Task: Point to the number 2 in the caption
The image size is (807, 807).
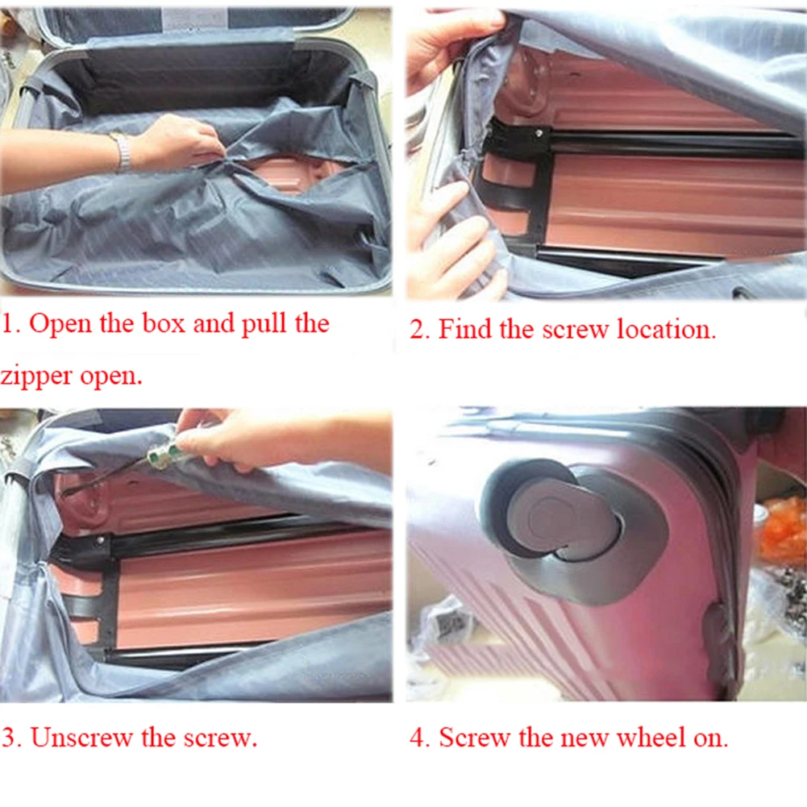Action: (417, 330)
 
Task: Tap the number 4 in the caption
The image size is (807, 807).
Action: (418, 738)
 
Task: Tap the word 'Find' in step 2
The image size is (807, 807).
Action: (461, 330)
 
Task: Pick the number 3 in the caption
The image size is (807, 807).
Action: (9, 738)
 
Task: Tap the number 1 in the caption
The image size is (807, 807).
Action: (9, 324)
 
